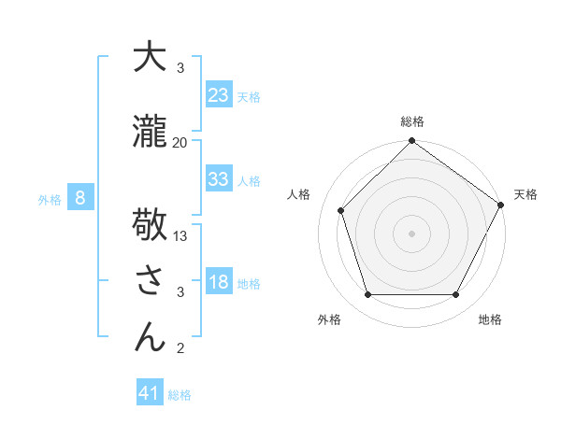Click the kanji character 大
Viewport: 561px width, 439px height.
(150, 57)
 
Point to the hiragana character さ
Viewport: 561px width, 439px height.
(150, 280)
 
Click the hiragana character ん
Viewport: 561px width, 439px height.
(150, 336)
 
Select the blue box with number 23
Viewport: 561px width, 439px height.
(218, 95)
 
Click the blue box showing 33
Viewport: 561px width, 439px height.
(218, 179)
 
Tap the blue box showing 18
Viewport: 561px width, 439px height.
(218, 283)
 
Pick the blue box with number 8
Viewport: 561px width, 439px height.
(80, 198)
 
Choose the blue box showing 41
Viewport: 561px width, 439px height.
(150, 394)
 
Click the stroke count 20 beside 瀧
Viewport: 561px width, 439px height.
(180, 142)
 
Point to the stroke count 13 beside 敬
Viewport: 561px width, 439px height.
(180, 235)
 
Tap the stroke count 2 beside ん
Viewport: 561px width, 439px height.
(180, 348)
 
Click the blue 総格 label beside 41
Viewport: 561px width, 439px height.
(180, 395)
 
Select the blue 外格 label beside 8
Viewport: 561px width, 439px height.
(50, 199)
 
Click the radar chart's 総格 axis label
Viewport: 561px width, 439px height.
(411, 121)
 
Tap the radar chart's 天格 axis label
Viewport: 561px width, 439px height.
(525, 194)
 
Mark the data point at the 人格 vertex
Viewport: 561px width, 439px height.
(340, 210)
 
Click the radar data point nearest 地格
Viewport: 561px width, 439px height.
(456, 295)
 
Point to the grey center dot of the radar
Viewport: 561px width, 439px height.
(411, 234)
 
